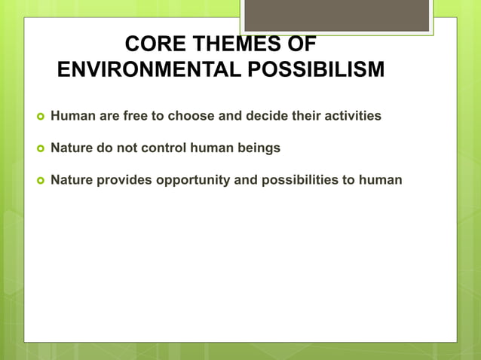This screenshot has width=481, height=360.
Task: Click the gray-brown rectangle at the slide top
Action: (x=336, y=15)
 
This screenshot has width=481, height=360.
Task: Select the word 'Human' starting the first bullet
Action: (x=70, y=117)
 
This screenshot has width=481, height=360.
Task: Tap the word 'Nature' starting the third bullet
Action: (x=71, y=180)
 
